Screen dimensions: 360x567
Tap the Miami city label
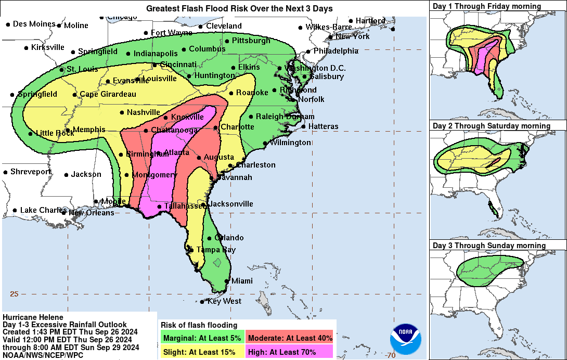point(241,281)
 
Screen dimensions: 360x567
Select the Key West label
point(224,301)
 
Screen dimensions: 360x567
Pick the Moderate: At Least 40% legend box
point(290,338)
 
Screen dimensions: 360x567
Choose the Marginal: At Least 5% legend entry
point(202,338)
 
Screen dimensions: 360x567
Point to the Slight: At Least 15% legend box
point(200,352)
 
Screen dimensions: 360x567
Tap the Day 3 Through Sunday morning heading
point(489,246)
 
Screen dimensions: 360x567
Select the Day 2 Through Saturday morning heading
point(491,126)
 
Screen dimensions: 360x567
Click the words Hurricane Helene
point(33,317)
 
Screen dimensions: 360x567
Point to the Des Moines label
point(34,24)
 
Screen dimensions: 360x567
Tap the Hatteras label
point(323,126)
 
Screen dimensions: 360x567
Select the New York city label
point(352,36)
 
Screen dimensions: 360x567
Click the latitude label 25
point(14,294)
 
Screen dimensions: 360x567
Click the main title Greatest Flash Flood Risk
point(239,9)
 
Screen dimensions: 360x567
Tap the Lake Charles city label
point(41,210)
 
